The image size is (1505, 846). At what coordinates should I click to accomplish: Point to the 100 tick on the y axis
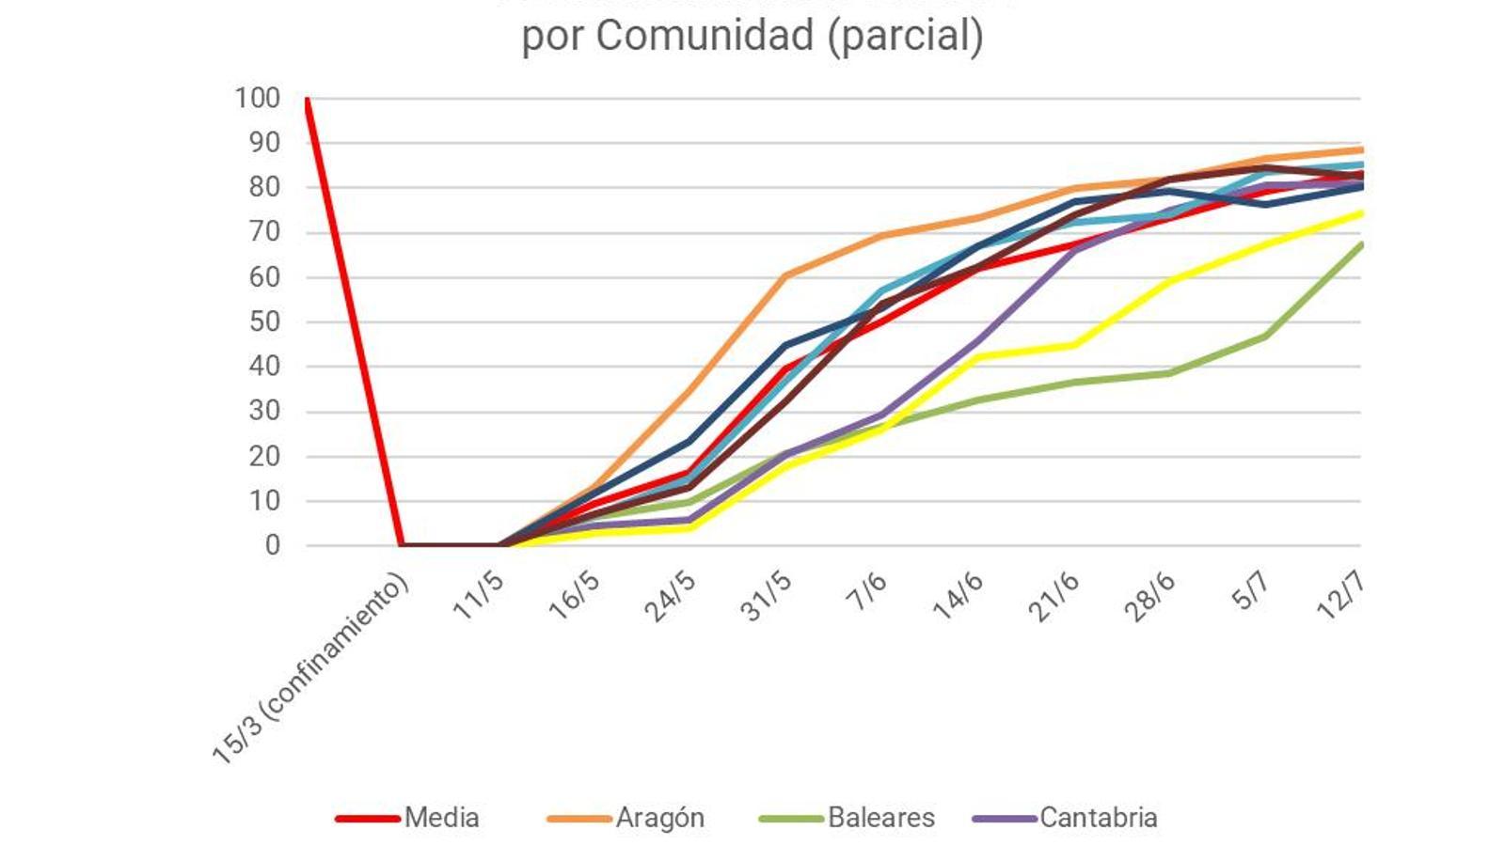click(x=258, y=98)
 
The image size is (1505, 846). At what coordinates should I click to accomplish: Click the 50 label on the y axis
click(x=264, y=321)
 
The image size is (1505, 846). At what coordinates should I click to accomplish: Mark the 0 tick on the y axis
click(x=272, y=545)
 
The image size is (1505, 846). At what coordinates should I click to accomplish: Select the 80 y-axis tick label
click(x=264, y=187)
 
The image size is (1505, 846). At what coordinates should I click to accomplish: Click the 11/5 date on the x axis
click(x=478, y=596)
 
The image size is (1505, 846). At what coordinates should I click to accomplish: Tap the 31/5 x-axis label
click(x=766, y=596)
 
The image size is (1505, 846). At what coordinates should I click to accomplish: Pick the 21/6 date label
click(x=1053, y=596)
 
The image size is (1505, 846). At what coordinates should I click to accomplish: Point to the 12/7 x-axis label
click(x=1340, y=596)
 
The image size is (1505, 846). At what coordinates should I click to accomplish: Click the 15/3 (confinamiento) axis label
click(x=310, y=668)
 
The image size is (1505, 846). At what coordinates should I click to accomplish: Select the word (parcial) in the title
click(x=906, y=36)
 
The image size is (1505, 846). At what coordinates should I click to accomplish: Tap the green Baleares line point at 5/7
click(x=1265, y=336)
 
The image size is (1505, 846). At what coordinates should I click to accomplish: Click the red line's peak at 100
click(x=308, y=99)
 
